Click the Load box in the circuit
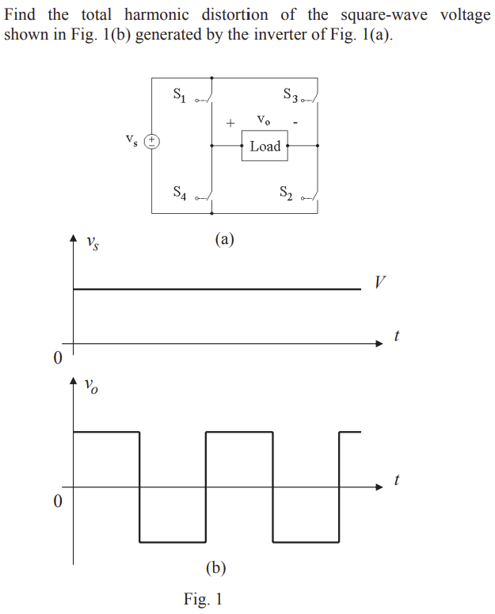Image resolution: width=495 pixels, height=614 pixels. pos(265,147)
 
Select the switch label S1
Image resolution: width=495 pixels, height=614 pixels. pos(180,95)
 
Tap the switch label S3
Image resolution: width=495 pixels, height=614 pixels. pos(291,95)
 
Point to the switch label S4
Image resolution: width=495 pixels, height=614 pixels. pos(180,193)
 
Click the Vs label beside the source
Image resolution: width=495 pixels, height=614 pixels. pos(131,141)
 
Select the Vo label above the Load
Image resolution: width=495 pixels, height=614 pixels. pos(265,120)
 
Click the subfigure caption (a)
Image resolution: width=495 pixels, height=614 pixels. pos(224,238)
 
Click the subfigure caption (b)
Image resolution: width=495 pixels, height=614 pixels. pos(215,567)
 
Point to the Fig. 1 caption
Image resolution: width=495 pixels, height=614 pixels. pos(203,599)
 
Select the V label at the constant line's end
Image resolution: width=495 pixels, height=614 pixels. pos(381,282)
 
